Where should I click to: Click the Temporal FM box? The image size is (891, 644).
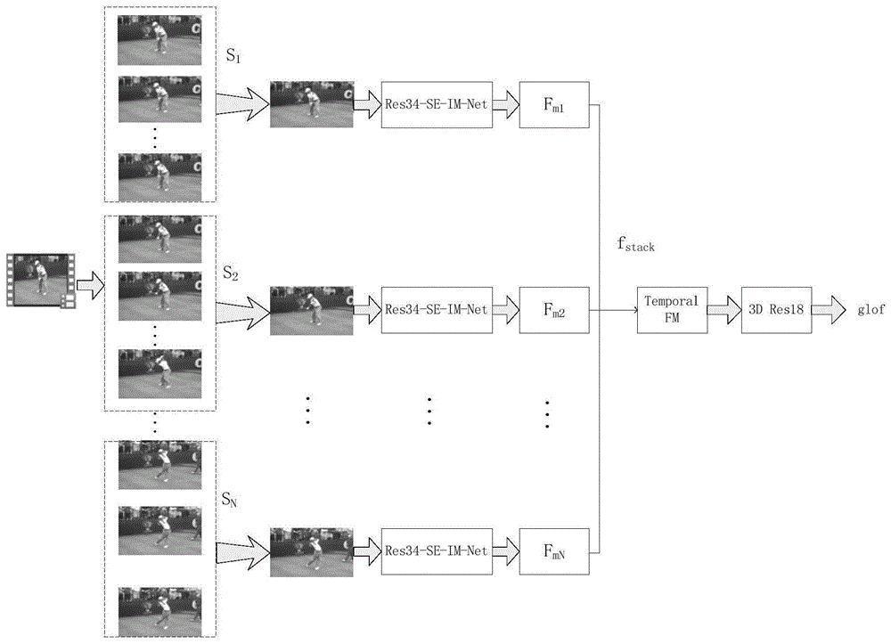pos(672,309)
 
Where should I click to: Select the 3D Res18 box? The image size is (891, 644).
pos(776,309)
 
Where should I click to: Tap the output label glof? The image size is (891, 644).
pos(871,309)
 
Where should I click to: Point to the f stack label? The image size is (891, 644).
pos(636,244)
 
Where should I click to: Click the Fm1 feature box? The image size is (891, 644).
pos(554,104)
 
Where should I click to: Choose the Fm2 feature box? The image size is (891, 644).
pos(554,309)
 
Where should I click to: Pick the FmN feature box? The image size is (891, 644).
pos(554,550)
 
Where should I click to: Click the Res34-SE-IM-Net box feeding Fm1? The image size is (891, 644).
pos(437,104)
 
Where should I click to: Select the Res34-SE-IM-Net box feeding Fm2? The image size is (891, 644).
pos(437,309)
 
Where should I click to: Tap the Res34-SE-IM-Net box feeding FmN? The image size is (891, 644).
pos(437,550)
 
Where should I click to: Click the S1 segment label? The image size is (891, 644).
pos(233,55)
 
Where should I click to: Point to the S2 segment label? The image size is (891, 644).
pos(230,273)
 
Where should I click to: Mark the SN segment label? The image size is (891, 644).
pos(230,500)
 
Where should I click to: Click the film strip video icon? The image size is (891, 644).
pos(41,281)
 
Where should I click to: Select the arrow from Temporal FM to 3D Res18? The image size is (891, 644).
pos(724,309)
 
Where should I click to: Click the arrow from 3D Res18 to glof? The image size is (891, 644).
pos(829,309)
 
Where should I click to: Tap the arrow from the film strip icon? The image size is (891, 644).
pos(90,285)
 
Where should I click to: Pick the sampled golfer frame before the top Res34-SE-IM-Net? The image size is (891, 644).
pos(311,104)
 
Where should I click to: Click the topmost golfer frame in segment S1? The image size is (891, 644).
pos(159,40)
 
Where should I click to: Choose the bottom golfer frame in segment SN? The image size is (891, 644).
pos(159,612)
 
